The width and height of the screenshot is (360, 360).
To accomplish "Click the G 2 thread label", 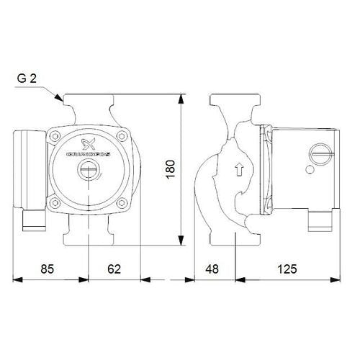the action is pos(27,78).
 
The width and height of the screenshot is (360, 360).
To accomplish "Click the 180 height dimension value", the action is pos(171,169).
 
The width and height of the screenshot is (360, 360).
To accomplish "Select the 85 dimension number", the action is pos(48,269).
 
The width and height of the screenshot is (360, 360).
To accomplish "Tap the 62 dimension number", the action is pos(114,269).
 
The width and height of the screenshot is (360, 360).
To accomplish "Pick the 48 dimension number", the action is pos(212,269).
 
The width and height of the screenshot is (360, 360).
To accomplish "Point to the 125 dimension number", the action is pos(287,269).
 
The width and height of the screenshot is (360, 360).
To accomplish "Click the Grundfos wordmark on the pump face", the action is pos(89,155).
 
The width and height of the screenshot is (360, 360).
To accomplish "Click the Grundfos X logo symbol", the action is pos(88,144).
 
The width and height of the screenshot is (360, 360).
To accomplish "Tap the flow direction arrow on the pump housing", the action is pos(239,169).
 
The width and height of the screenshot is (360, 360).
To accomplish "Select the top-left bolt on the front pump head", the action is pos(55,136).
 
